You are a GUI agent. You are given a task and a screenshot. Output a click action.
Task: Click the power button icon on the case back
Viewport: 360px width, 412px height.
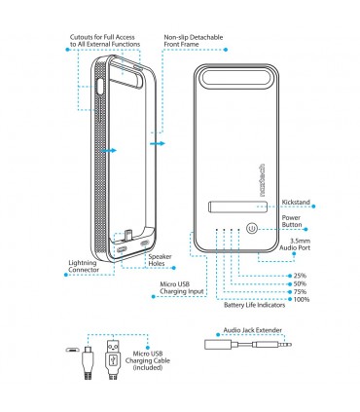(x=251, y=229)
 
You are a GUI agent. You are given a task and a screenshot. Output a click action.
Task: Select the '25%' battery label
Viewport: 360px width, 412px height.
(x=300, y=275)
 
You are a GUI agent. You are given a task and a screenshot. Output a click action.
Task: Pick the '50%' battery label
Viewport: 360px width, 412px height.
(x=300, y=283)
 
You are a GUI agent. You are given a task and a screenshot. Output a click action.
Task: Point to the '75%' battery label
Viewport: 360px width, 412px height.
(x=300, y=292)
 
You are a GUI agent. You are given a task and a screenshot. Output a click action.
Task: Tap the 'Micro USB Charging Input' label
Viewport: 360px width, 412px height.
(x=183, y=289)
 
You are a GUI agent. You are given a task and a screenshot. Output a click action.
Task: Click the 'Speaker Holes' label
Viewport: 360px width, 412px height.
(x=161, y=260)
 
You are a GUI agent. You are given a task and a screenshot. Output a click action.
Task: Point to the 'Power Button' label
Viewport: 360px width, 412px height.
(x=296, y=223)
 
